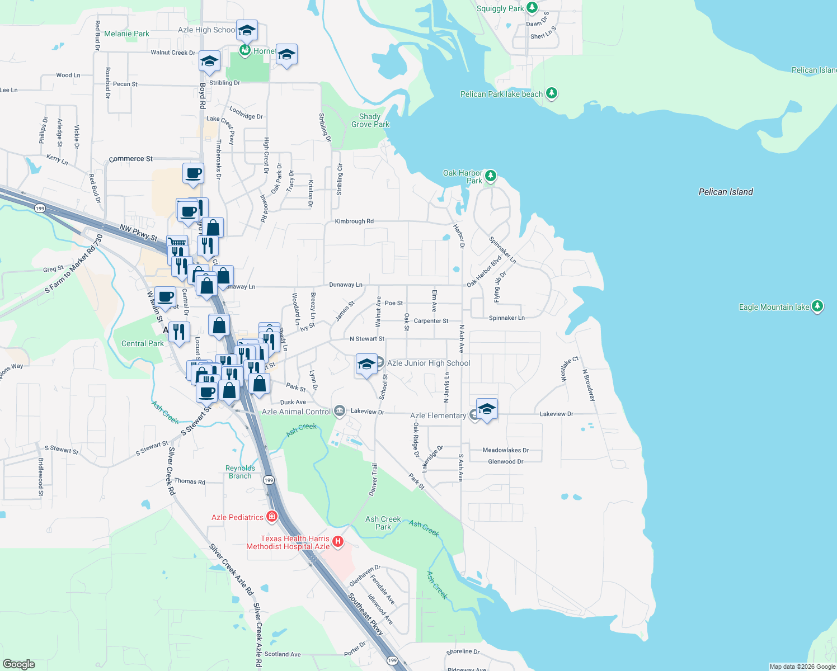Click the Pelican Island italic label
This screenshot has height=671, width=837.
click(x=726, y=192)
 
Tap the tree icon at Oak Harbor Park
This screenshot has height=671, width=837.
click(x=491, y=176)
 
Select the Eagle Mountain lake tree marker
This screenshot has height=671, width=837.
click(x=817, y=306)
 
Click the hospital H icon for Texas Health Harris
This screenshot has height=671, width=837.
click(x=337, y=541)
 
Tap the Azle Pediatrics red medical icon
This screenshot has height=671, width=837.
click(x=272, y=516)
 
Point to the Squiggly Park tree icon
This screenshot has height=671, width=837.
click(x=532, y=8)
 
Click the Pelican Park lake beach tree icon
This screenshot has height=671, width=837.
click(x=552, y=93)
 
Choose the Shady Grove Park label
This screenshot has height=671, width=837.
click(x=370, y=120)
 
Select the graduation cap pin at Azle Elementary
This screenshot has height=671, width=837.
click(x=487, y=409)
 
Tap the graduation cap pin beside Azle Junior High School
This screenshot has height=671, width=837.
click(x=366, y=365)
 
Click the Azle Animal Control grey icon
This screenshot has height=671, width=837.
click(x=339, y=412)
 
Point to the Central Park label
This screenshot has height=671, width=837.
click(x=143, y=343)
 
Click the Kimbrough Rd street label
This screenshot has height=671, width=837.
click(x=354, y=221)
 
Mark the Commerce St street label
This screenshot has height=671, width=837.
click(x=131, y=159)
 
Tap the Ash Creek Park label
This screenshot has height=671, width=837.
click(x=383, y=523)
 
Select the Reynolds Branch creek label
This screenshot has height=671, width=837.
click(x=240, y=472)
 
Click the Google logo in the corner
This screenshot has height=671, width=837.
click(x=18, y=664)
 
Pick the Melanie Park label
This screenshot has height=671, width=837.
click(x=126, y=34)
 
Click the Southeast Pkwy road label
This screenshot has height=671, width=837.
click(x=365, y=614)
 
